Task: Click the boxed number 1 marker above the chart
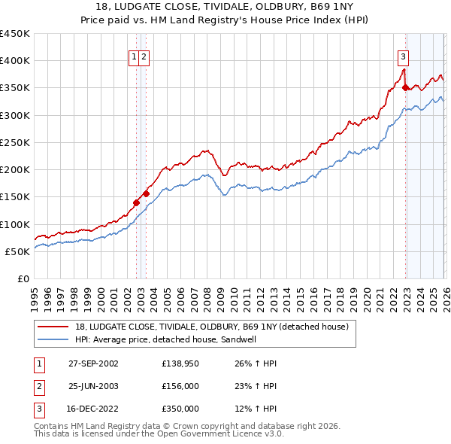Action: (x=134, y=56)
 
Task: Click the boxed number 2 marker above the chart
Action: (x=144, y=56)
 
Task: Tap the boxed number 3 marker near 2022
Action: (x=404, y=56)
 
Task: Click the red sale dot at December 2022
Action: (x=405, y=87)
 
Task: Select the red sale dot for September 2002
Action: (x=136, y=202)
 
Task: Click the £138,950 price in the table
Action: (x=180, y=363)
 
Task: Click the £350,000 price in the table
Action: (x=180, y=409)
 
